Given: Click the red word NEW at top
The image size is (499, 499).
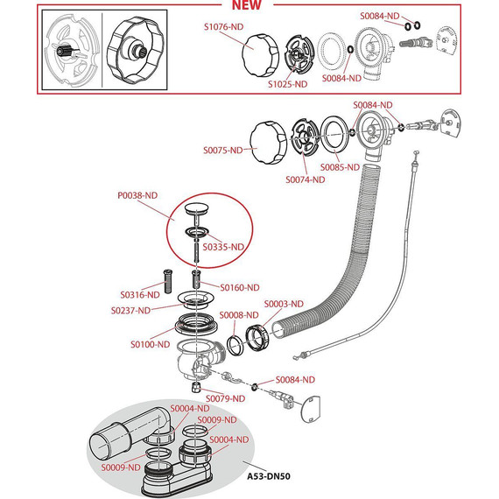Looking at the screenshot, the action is coord(247,4).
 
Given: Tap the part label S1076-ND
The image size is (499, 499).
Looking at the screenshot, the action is coord(223,27).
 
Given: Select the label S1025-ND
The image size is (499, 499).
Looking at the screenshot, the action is coord(287,84).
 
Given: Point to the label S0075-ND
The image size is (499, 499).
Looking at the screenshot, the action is coord(222,150).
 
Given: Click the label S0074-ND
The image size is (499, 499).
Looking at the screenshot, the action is coord(306,179).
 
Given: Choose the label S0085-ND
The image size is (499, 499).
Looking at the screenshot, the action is coord(340,167).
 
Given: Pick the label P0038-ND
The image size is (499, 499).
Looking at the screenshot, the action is coord(137,195).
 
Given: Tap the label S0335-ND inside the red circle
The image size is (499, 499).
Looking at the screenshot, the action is coord(223,247).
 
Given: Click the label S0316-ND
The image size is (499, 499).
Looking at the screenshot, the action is coord(140,295).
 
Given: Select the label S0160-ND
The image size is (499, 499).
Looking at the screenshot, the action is coord(240,288).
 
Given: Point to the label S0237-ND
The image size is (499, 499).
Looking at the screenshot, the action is coord(130,310).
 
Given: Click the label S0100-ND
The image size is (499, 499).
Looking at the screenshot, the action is coord(151,344).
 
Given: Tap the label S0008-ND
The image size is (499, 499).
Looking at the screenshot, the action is coord(239,315).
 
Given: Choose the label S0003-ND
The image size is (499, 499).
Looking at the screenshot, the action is coord(284,304).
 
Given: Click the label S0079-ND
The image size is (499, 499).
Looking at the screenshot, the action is coord(225,398).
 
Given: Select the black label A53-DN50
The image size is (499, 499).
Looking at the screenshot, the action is coord(269,476).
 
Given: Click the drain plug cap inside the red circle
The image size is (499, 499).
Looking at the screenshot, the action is coord(197,208).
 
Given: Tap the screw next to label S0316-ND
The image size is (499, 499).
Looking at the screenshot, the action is coord(168,281).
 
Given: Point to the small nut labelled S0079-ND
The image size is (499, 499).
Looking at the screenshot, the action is coord(196,388).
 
